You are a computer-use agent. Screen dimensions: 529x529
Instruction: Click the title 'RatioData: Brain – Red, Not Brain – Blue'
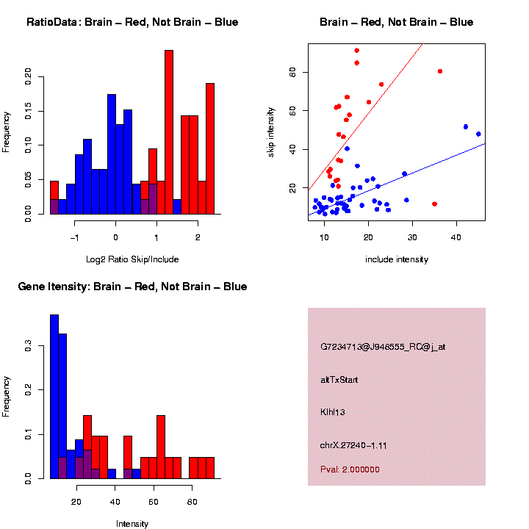(x=132, y=23)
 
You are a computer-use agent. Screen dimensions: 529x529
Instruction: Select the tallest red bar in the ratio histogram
(x=169, y=132)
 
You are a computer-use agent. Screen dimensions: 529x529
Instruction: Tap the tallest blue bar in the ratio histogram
(x=112, y=154)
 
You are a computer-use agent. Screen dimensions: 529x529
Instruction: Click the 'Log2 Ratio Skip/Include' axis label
(x=132, y=259)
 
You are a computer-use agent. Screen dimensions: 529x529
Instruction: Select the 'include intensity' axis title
(x=397, y=259)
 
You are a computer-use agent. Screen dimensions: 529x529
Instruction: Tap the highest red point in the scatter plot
(x=357, y=51)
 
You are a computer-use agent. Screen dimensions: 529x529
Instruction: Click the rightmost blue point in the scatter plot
(x=478, y=134)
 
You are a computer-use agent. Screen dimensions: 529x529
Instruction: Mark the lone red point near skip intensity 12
(x=434, y=204)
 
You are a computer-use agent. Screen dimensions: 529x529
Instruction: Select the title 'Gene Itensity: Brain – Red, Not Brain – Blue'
(x=132, y=287)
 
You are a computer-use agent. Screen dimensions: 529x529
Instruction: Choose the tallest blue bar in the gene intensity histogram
(x=54, y=397)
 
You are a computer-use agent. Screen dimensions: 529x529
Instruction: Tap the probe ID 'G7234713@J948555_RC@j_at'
(x=383, y=347)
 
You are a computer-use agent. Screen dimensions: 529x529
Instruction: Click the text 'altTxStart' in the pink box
(x=339, y=380)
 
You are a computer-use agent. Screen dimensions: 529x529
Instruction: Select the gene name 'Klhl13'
(x=333, y=412)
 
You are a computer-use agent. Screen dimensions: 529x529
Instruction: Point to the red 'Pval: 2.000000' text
(x=350, y=469)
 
